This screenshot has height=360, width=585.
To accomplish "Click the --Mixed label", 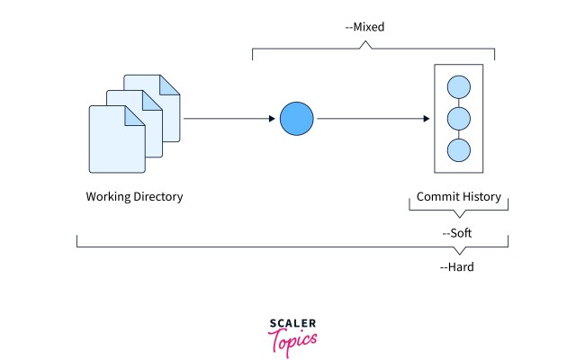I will pos(364,27).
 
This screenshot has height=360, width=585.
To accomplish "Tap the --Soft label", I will pos(457,232).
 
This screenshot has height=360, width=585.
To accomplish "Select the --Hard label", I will pos(457,266).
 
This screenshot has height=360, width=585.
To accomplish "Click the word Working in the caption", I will pos(109,196).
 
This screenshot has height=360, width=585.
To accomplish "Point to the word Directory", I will pos(157,196).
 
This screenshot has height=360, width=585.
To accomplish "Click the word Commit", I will pos(437,196).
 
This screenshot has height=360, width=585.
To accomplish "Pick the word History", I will pos(481,196).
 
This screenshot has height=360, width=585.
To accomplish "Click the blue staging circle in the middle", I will pos(296,119).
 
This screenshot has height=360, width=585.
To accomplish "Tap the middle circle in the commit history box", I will pos(459,119).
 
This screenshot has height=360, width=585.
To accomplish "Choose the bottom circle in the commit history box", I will pos(459,150).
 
